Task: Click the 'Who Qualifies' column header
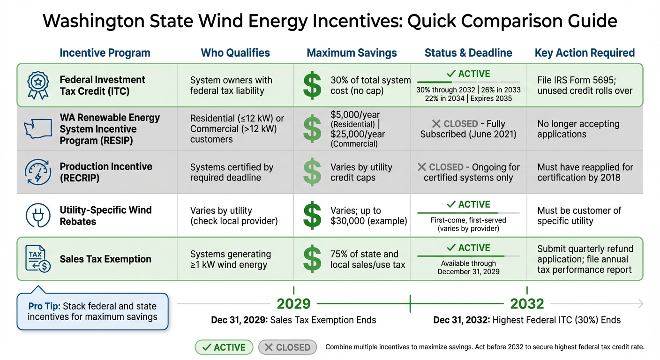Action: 235,53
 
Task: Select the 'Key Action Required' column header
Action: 585,53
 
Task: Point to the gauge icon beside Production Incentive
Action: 38,172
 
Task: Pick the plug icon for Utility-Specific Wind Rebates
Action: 38,216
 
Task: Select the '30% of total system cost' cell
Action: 370,85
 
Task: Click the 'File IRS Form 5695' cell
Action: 585,85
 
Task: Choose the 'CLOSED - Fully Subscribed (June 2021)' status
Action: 468,129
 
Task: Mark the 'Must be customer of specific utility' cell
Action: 579,216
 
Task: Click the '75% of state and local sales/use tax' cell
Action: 364,259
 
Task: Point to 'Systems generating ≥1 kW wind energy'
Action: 230,259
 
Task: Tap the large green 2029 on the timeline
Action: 293,304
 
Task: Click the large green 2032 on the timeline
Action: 526,304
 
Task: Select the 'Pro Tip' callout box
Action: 92,311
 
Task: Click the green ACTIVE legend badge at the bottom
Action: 224,347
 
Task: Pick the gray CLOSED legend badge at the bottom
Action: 288,347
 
